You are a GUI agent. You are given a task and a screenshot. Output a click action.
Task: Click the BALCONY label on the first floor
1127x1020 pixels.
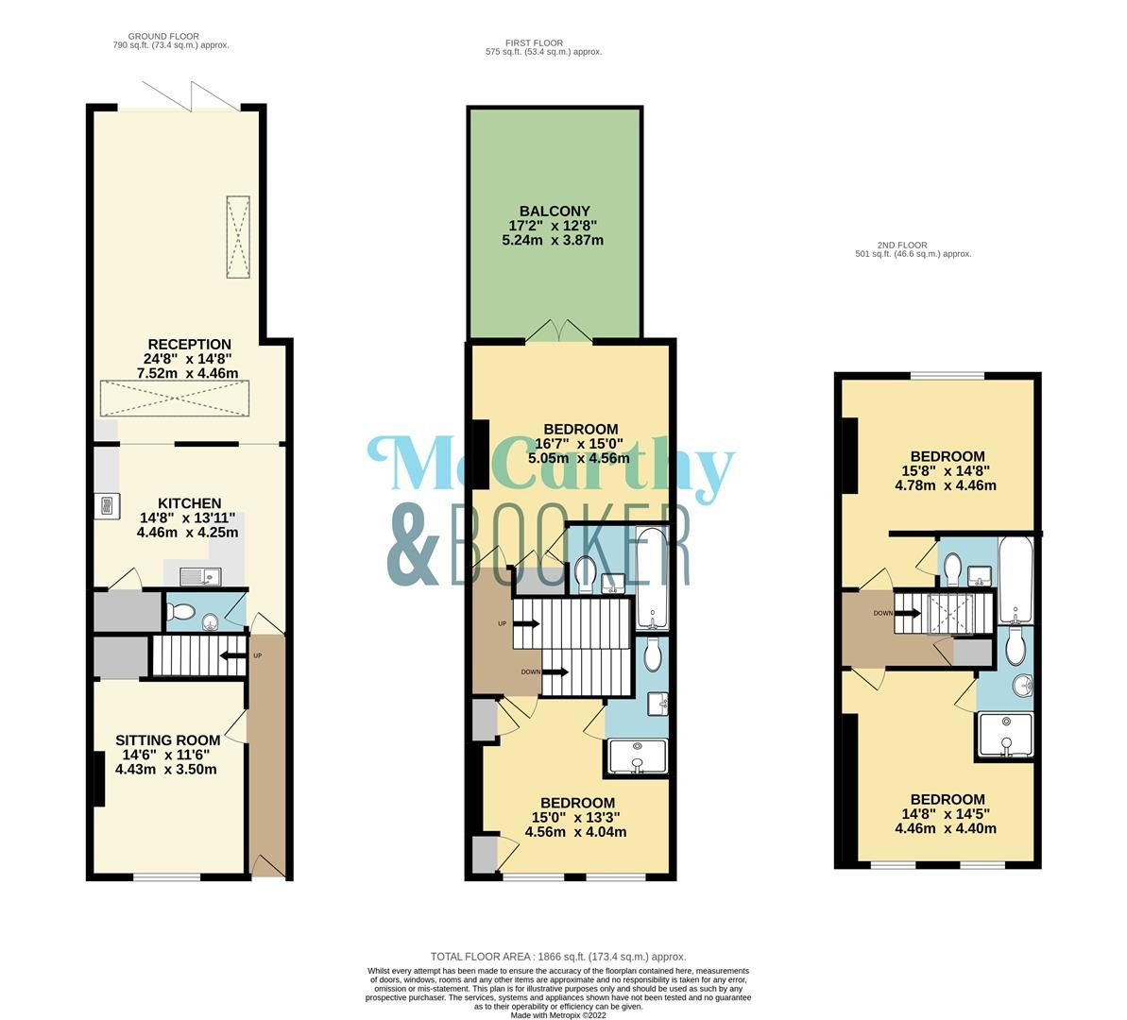coord(554,211)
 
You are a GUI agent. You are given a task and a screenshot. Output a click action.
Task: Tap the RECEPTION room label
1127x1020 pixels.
coord(189,344)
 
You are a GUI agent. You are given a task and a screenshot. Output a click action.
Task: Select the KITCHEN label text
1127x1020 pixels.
coord(189,503)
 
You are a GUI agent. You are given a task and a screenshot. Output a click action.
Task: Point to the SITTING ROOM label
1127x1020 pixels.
coord(167,739)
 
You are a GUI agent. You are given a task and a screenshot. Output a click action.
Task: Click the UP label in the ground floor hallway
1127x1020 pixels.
coord(256,654)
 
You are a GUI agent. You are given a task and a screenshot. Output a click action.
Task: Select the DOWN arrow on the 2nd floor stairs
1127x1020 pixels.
coord(908,613)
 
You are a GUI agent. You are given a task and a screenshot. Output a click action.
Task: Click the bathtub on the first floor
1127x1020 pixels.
coord(652,578)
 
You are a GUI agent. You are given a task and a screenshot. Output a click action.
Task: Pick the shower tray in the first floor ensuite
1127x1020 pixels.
coord(638,756)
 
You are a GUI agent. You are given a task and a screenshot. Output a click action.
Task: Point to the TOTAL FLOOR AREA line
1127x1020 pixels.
coord(557,956)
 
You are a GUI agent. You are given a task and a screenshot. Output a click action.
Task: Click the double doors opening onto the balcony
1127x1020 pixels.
coord(558,331)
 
